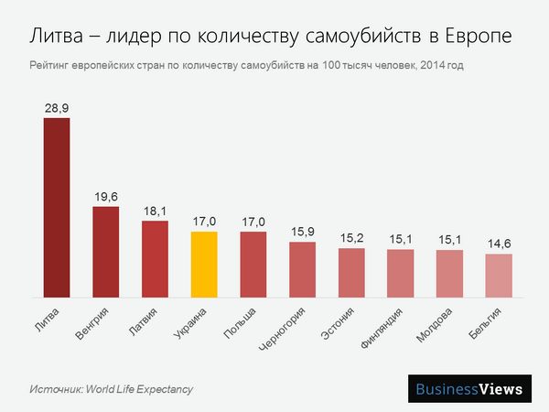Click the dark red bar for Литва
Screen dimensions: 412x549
pyautogui.click(x=57, y=208)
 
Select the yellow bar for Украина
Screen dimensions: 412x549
pyautogui.click(x=204, y=265)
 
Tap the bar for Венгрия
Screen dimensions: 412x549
pyautogui.click(x=106, y=252)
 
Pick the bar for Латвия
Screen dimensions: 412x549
pyautogui.click(x=155, y=259)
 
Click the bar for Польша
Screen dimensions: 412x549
pyautogui.click(x=253, y=265)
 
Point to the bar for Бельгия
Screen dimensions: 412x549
pyautogui.click(x=499, y=276)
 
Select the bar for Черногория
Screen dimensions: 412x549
pyautogui.click(x=303, y=269)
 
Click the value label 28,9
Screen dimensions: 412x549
pyautogui.click(x=57, y=108)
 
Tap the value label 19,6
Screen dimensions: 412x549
pyautogui.click(x=106, y=196)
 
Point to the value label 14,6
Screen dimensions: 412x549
pyautogui.click(x=499, y=244)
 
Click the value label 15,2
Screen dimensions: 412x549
pyautogui.click(x=351, y=238)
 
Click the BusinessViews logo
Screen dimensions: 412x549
pyautogui.click(x=469, y=388)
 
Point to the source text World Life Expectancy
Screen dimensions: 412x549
pyautogui.click(x=139, y=389)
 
